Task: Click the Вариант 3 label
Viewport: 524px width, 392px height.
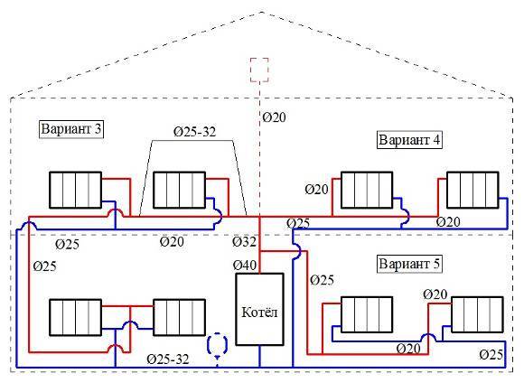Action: coord(70,129)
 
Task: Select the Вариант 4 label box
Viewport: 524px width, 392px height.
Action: coord(409,141)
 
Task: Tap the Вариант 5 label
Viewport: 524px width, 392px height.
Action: coord(410,265)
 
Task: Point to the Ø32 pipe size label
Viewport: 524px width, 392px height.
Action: coord(244,243)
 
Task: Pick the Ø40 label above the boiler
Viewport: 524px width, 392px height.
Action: coord(245,265)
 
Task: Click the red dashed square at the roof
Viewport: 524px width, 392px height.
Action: coord(259,70)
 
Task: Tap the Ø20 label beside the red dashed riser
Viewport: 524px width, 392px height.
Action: coord(275,117)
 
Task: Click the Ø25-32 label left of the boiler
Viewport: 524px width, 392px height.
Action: coord(169,359)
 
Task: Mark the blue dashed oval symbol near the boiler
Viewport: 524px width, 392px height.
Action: coord(216,345)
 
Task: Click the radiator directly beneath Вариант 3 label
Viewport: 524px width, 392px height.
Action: coord(75,191)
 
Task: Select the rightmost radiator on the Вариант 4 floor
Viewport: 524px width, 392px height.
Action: coord(473,191)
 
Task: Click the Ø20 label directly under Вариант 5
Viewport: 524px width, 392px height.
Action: coord(435,294)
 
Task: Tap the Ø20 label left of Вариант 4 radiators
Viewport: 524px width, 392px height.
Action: coord(316,190)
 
